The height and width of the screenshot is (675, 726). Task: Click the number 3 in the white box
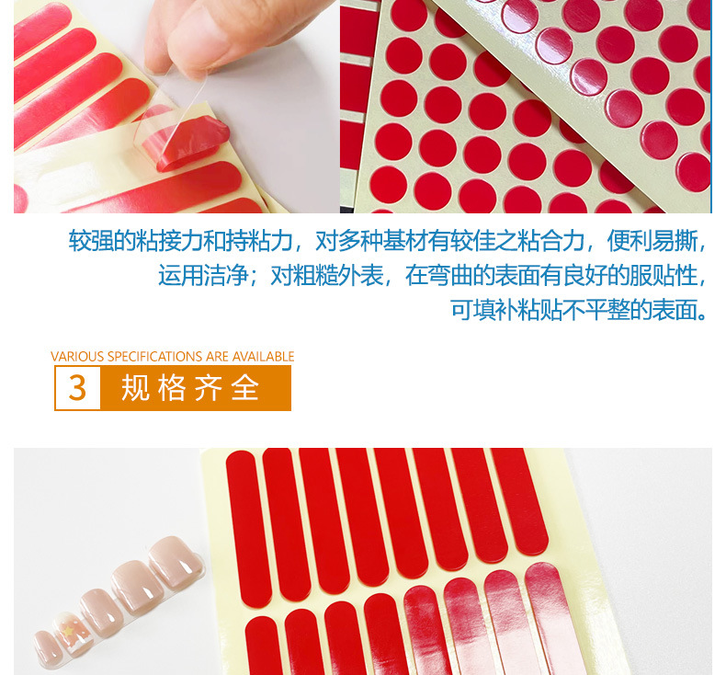77,388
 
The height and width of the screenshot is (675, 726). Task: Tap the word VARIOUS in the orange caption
77,357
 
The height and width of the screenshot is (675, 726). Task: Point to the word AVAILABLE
263,357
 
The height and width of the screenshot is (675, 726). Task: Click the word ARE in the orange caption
217,357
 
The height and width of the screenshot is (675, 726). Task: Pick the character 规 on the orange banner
135,388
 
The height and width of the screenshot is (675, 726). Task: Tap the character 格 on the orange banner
172,388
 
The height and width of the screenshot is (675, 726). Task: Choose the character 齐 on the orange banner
209,388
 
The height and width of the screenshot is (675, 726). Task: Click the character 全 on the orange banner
245,388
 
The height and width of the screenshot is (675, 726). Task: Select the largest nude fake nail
177,558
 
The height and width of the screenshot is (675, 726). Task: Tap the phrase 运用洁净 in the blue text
203,276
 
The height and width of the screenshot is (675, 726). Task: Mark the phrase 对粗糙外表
326,276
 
